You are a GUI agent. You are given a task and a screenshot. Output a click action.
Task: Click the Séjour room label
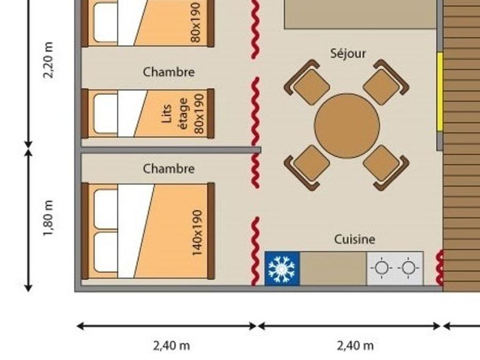(348, 53)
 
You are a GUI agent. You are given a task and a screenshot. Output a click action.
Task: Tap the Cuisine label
(355, 239)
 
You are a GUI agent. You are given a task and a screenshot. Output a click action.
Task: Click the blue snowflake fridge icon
(282, 268)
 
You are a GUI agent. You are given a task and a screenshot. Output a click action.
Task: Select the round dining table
(347, 126)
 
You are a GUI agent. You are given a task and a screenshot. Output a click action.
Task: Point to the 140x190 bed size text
(197, 233)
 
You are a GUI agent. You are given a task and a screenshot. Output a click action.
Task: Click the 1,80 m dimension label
(48, 218)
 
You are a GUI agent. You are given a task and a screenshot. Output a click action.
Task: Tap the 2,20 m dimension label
(48, 60)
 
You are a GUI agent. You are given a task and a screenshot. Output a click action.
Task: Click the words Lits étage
(174, 114)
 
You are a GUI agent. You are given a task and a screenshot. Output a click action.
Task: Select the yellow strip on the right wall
(440, 92)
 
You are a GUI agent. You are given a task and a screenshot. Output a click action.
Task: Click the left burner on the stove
(381, 268)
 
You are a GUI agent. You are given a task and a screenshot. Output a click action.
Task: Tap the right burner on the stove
(409, 268)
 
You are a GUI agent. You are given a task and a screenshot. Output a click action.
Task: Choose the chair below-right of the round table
(386, 168)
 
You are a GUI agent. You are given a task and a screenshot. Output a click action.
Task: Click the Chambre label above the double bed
(169, 169)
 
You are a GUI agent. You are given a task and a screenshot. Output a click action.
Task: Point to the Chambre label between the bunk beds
(169, 72)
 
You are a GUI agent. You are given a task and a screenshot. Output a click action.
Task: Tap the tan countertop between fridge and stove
(333, 268)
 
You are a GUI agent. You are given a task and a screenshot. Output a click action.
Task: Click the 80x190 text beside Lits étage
(199, 114)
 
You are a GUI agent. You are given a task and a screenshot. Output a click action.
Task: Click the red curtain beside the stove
(439, 268)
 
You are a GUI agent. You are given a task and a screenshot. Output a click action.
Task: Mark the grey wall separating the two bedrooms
(171, 150)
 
